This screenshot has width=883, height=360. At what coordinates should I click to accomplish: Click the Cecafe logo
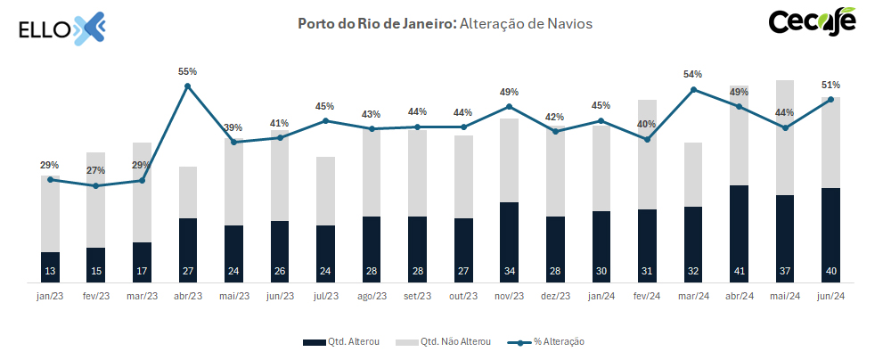click(812, 22)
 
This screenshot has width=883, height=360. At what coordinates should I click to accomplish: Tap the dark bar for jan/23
click(50, 265)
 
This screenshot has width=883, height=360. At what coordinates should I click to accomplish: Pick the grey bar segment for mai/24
click(785, 137)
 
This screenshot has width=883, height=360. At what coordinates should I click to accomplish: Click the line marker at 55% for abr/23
click(187, 86)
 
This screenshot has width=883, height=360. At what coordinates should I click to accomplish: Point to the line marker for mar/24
click(692, 90)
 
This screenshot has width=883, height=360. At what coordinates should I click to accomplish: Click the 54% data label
click(692, 74)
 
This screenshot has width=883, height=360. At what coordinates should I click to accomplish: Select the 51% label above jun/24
click(830, 85)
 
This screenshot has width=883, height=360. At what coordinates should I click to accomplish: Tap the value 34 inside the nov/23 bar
click(509, 271)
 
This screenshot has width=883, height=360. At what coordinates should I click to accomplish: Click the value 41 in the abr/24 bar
click(739, 271)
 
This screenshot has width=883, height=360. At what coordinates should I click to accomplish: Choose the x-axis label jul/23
click(325, 296)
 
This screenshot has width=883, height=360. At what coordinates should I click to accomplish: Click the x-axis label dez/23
click(555, 296)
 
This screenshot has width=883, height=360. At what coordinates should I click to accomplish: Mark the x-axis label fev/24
click(647, 296)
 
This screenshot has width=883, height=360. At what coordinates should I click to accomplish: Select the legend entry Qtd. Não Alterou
click(439, 341)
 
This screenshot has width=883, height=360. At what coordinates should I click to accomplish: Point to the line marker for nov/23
click(509, 107)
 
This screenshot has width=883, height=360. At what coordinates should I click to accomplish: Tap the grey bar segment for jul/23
click(325, 191)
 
